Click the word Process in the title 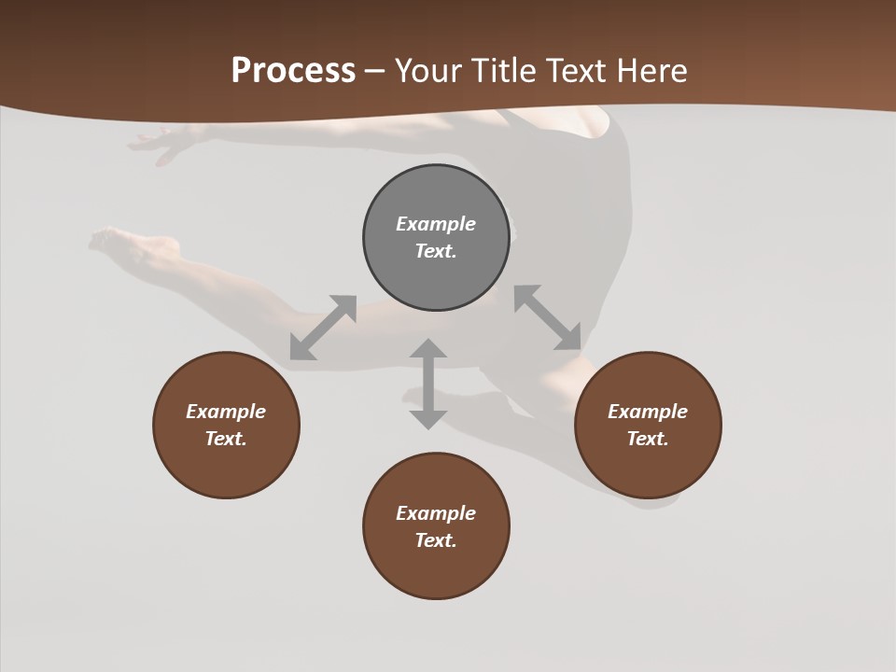[293, 71]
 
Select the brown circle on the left [226, 467]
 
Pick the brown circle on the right [648, 467]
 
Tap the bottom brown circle [436, 569]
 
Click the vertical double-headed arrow [428, 384]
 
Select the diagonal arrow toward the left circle [323, 328]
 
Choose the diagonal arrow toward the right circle [548, 317]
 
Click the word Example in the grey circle [436, 224]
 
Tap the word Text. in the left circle [226, 439]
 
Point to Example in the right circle [648, 412]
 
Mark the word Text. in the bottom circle [436, 540]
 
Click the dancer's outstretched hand [159, 142]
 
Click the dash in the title [375, 71]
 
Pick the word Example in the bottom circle [436, 513]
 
